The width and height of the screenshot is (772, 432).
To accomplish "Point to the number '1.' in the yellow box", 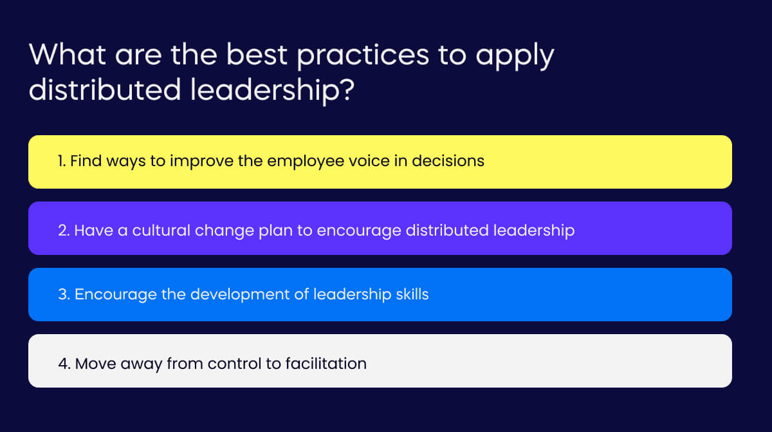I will point(62,161).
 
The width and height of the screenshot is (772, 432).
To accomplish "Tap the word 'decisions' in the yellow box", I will point(448,161).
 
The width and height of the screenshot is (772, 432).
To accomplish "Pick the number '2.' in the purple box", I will point(64,230).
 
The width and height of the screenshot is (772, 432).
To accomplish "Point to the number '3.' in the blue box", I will point(64,295).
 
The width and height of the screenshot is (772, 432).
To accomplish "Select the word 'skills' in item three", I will point(410,295).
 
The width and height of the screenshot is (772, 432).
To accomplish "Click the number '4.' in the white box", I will point(64,364).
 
